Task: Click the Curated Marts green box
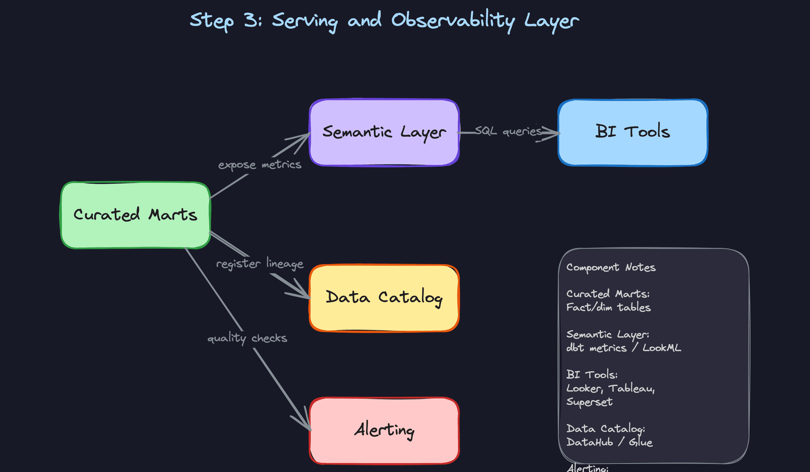[x=135, y=215]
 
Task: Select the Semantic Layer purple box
[x=384, y=132]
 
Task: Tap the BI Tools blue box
[x=632, y=132]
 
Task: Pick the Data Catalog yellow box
[x=384, y=298]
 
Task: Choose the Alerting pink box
[x=384, y=430]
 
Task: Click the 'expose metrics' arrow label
[x=260, y=165]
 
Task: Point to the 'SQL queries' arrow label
[x=508, y=131]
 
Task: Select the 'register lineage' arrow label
[x=260, y=264]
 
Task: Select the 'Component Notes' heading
[x=611, y=268]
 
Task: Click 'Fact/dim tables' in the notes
[x=608, y=308]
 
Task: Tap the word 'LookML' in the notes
[x=661, y=348]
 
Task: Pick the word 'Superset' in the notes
[x=589, y=402]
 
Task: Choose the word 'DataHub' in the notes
[x=589, y=442]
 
